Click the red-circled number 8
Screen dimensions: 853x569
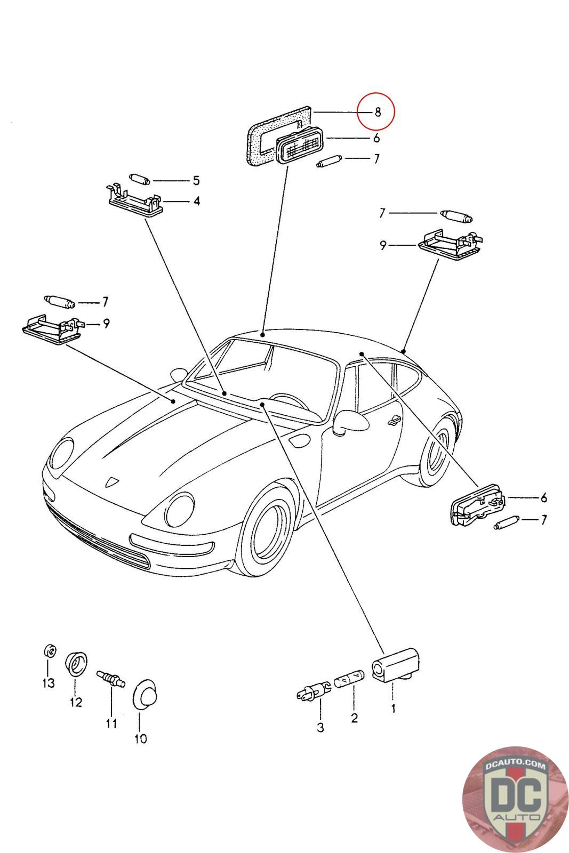coord(378,112)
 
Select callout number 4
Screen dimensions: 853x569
coord(197,202)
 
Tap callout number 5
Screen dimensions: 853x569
coord(196,180)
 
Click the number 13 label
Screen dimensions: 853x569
coord(48,683)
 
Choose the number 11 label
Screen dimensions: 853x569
coord(111,723)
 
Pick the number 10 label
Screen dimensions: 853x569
coord(140,738)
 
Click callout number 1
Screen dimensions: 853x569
coord(393,709)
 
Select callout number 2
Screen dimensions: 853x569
coord(354,718)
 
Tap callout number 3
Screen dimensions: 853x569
coord(320,727)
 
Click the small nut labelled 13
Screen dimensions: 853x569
coord(48,650)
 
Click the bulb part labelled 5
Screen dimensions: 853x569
coord(139,179)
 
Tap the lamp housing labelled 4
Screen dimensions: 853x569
coord(135,204)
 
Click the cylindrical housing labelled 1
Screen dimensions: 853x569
coord(395,663)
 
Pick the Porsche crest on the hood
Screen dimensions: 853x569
coord(111,481)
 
